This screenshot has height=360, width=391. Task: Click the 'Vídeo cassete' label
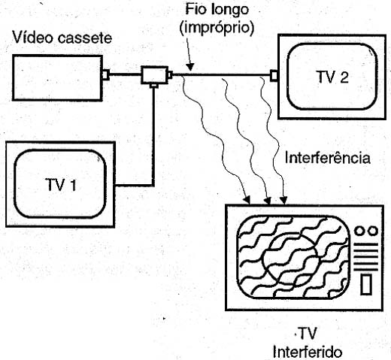coord(62,38)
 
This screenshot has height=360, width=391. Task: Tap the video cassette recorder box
coord(57,78)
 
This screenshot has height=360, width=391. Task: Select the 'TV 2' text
coord(333,77)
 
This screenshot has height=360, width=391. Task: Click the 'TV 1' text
coord(61,185)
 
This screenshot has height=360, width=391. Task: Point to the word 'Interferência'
coord(328,158)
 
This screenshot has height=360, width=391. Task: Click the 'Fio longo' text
coord(217,11)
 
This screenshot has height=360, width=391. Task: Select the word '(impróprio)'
coord(217,27)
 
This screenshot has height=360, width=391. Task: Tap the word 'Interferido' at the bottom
coord(308,352)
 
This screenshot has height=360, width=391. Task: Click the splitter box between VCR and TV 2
coord(154,74)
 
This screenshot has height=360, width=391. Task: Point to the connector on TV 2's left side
coord(274,76)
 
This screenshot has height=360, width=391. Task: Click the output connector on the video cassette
coord(106,74)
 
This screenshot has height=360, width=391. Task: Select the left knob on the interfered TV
coord(360,231)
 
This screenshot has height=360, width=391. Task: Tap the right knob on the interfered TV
coord(373,231)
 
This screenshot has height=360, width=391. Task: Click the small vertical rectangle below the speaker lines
coord(366,284)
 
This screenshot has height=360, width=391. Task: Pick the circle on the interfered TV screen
coord(291,259)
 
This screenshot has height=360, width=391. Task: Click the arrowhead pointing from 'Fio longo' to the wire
coord(190,67)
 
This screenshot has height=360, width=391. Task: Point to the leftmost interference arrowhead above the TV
coord(247,199)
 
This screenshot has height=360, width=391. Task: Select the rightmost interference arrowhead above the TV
coord(283,200)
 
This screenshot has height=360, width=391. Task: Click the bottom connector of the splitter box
coord(153,86)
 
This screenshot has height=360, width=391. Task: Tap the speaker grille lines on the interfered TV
coord(365,257)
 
